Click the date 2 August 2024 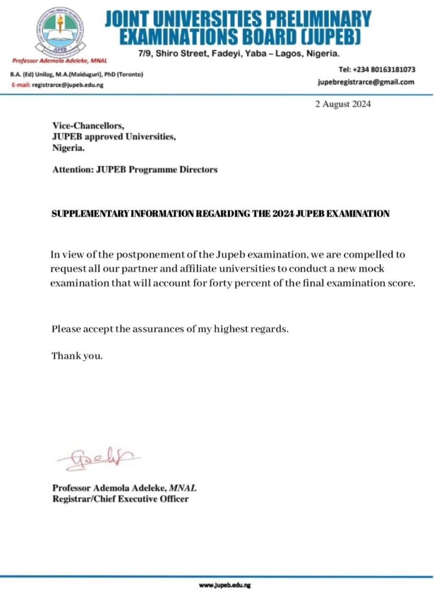click(x=343, y=104)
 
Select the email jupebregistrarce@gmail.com click(x=366, y=82)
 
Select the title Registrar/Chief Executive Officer click(x=120, y=498)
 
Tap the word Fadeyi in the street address click(x=229, y=55)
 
